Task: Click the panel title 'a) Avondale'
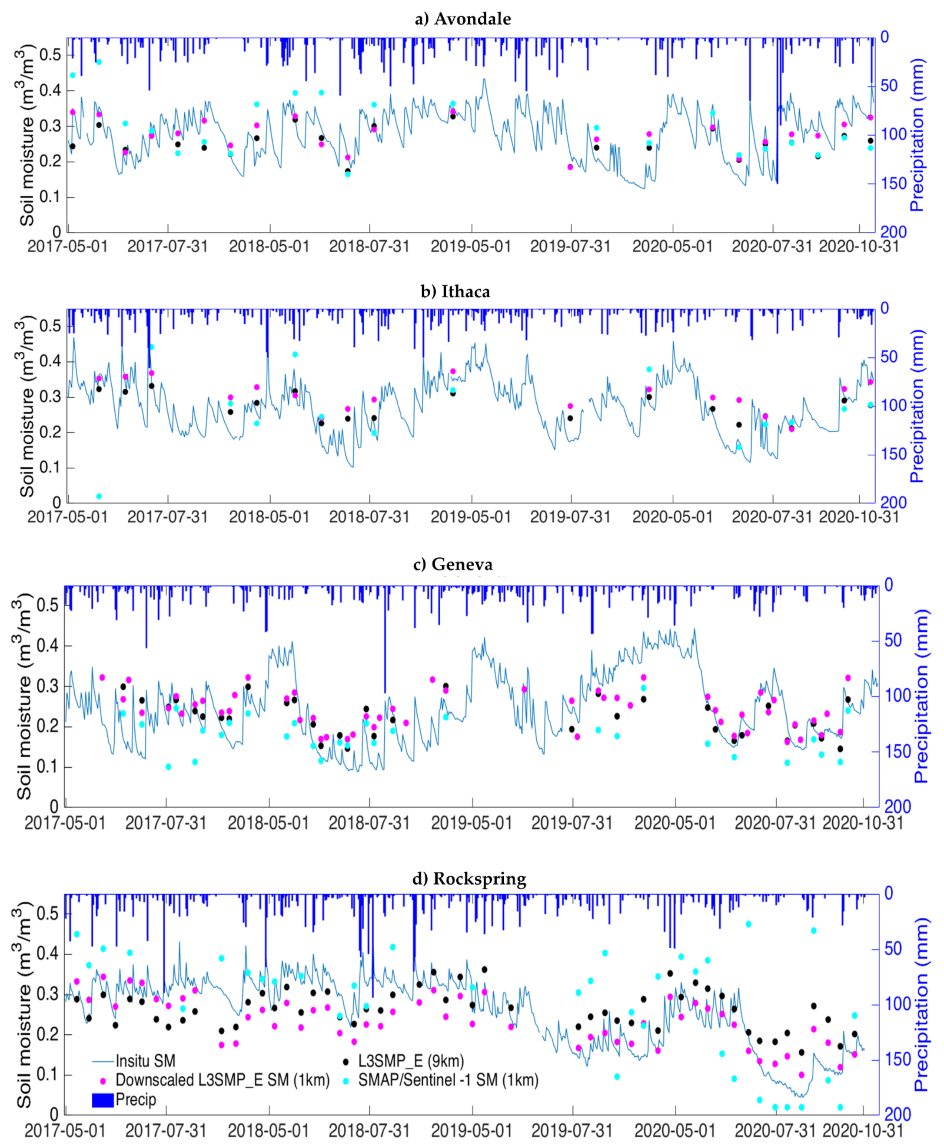click(x=462, y=19)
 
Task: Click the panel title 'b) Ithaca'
click(x=455, y=292)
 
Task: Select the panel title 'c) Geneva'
click(x=453, y=565)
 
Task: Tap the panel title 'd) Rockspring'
click(x=469, y=879)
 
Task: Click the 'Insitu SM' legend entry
click(x=145, y=1061)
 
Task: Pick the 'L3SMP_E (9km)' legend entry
click(x=411, y=1061)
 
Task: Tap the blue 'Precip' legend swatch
click(x=103, y=1100)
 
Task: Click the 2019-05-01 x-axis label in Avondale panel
click(x=471, y=247)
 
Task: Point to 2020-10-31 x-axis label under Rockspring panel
click(x=862, y=1131)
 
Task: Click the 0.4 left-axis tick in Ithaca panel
click(x=50, y=361)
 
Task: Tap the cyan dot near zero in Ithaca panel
click(x=99, y=496)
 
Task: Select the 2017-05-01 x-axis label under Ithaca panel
click(x=67, y=517)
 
